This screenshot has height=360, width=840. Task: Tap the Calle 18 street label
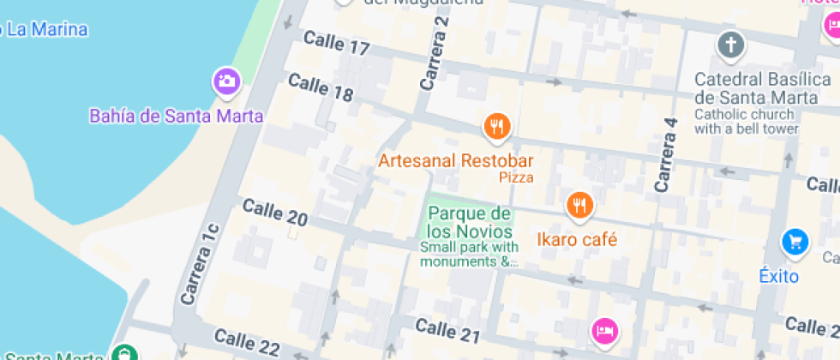click(321, 87)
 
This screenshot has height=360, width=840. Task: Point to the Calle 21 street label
click(446, 328)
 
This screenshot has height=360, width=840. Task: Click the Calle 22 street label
click(247, 343)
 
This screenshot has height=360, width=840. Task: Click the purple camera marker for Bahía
click(226, 81)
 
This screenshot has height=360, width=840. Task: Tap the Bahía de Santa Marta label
click(177, 115)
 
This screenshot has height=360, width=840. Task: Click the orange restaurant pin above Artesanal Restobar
click(496, 127)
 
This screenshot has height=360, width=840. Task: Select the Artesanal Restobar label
click(456, 161)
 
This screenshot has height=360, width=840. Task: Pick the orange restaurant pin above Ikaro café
click(579, 204)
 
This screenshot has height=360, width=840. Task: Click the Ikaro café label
click(577, 239)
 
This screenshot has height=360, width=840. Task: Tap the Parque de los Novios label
click(470, 222)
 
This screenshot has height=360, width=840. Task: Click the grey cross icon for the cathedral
click(730, 45)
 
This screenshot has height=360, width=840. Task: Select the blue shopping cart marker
click(795, 243)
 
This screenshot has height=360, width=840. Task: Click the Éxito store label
click(778, 276)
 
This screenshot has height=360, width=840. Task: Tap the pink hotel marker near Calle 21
click(604, 330)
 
